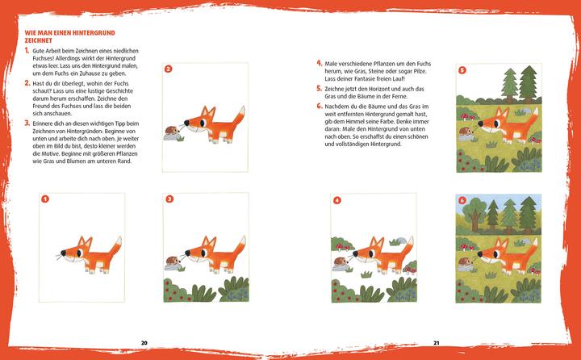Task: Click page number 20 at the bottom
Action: click(x=144, y=341)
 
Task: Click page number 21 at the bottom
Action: click(x=435, y=341)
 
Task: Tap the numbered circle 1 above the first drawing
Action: click(x=45, y=199)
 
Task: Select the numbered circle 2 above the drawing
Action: click(x=168, y=69)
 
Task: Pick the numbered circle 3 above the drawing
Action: click(x=169, y=199)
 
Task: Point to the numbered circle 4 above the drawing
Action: click(x=336, y=199)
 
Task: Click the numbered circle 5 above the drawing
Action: click(x=462, y=70)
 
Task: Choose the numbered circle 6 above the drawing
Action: click(x=462, y=199)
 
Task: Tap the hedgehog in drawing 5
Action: click(x=466, y=131)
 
